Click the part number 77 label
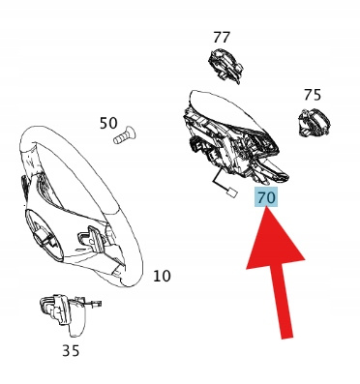(222, 38)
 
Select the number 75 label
(313, 95)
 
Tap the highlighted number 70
(267, 197)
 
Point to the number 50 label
(108, 123)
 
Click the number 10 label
(162, 277)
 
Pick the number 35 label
(71, 350)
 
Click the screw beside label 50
(125, 135)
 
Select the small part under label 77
(225, 66)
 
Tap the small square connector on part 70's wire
(232, 192)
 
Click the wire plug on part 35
(96, 304)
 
